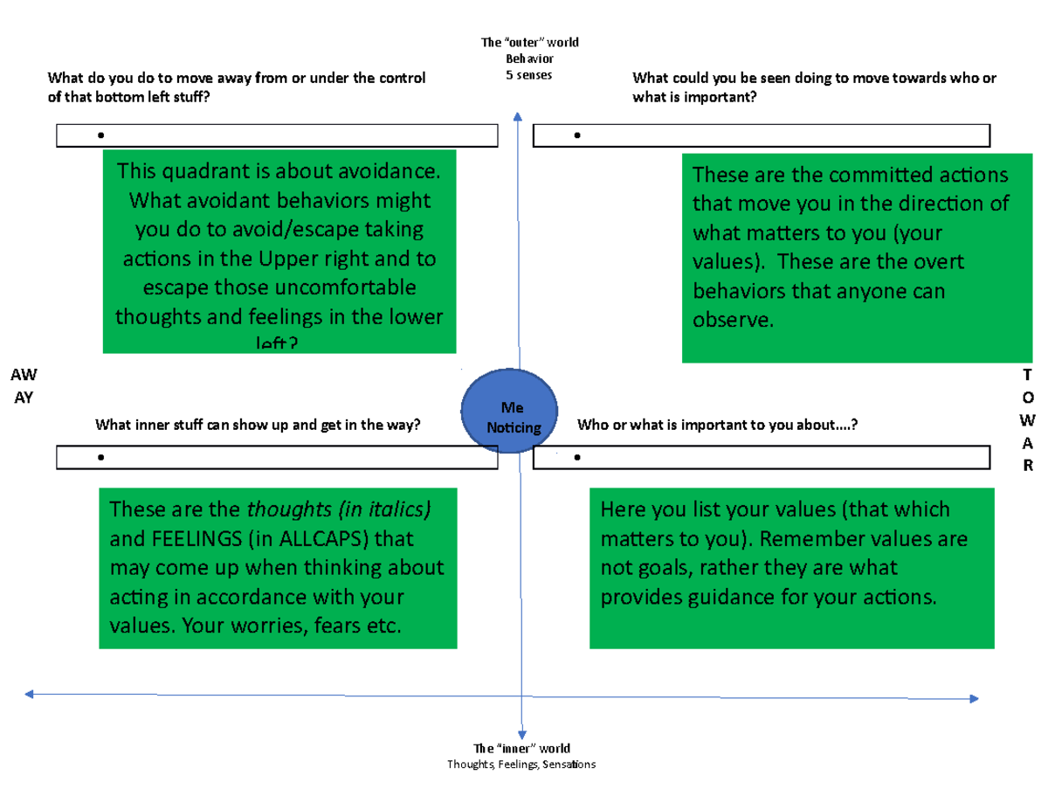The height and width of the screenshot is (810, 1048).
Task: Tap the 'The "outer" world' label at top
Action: coord(529,42)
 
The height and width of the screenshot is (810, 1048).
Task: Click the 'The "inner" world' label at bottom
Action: coord(521,749)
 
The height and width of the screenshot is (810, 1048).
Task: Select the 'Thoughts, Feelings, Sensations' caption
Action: coord(521,765)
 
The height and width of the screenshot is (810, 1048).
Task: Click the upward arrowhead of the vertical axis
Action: coord(519,117)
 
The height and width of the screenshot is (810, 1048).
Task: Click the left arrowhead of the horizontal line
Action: coord(31,694)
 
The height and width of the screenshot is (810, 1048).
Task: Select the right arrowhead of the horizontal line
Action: coord(973,698)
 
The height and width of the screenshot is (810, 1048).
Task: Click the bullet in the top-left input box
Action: coord(102,135)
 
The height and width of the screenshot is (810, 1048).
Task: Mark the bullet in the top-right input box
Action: coord(577,135)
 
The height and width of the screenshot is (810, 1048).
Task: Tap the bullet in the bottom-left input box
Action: coord(102,457)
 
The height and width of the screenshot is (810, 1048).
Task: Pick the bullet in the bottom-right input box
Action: coord(577,457)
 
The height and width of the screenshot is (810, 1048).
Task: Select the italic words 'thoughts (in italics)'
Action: coord(340,509)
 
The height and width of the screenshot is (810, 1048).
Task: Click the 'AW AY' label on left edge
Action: coord(24,384)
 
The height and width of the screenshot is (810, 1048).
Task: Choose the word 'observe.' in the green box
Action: coord(733,321)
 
